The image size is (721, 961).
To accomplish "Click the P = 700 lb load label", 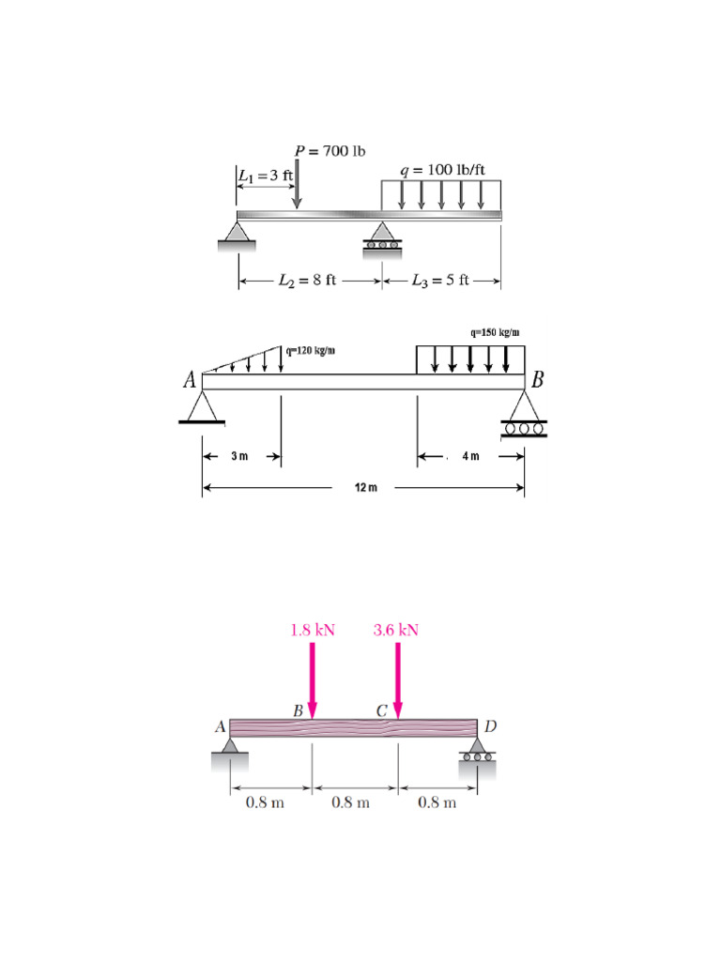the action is [x=330, y=151].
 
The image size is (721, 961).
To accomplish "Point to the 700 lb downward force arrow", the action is [x=297, y=183].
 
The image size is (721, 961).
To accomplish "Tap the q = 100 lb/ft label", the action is [x=443, y=170].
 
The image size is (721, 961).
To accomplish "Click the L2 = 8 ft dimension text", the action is [x=307, y=280].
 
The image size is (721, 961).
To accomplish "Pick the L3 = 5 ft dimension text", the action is [x=440, y=280].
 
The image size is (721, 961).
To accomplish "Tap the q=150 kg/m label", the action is [x=496, y=332].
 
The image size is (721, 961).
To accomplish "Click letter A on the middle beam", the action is [x=190, y=380].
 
